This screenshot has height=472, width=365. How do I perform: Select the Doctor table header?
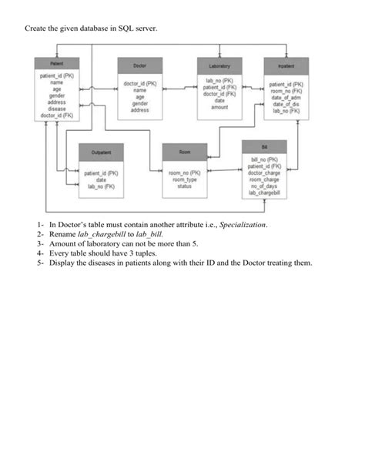tap(140, 66)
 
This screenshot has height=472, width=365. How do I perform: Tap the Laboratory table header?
tap(219, 65)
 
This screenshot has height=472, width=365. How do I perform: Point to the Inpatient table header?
tap(286, 66)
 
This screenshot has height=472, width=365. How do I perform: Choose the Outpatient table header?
tap(101, 153)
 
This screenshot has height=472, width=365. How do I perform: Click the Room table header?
tap(185, 152)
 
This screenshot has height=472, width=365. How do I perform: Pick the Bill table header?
tap(263, 146)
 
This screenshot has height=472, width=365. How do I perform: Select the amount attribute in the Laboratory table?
tap(219, 107)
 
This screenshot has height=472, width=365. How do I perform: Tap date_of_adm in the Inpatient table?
tap(286, 99)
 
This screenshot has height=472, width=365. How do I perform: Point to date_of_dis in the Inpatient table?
tap(286, 105)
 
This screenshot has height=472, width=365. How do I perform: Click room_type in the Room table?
tap(185, 179)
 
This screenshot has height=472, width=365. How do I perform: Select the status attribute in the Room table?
tap(185, 186)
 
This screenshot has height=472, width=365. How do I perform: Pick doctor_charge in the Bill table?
tap(263, 173)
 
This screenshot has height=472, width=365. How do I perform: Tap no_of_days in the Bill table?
tap(263, 186)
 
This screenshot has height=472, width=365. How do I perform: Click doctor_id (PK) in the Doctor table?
tap(140, 83)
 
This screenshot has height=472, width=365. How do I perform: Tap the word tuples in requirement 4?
tap(145, 253)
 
